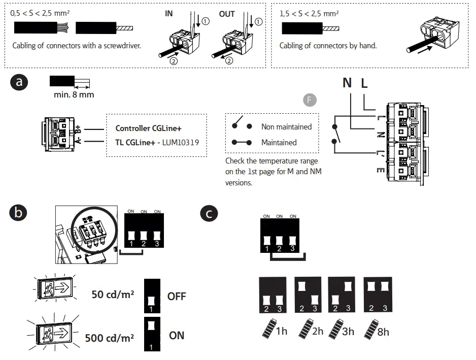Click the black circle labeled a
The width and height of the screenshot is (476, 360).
click(x=19, y=82)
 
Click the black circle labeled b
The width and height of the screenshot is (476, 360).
click(x=19, y=213)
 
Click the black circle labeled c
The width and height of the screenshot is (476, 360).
click(x=210, y=213)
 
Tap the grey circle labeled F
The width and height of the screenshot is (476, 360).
click(x=310, y=100)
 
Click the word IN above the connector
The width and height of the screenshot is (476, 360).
click(x=169, y=14)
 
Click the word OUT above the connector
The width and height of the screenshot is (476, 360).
click(x=227, y=14)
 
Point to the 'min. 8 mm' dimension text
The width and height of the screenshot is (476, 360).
click(x=74, y=94)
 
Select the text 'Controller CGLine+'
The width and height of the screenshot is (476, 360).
click(x=148, y=128)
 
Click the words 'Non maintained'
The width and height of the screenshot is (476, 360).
click(x=286, y=126)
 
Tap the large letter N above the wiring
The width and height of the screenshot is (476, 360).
click(x=347, y=82)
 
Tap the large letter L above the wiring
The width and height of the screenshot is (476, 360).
click(x=364, y=82)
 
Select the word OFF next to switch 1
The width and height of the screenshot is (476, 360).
click(x=177, y=296)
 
